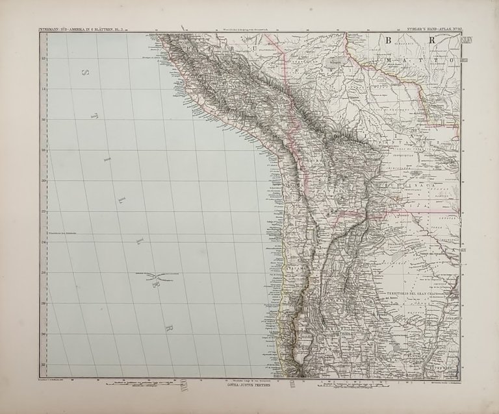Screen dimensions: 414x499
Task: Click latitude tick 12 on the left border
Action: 44,58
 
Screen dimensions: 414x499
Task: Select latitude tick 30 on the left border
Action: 44,334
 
